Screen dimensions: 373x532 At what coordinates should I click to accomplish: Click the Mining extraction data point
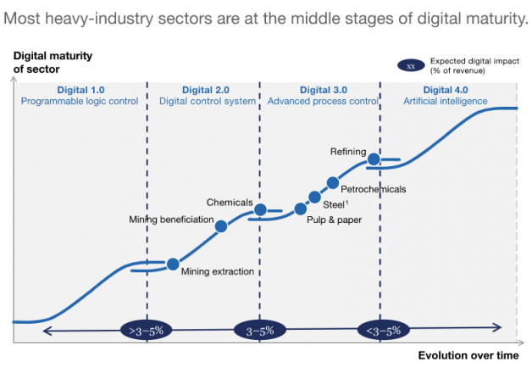click(173, 264)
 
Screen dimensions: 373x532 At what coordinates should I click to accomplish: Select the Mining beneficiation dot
click(221, 226)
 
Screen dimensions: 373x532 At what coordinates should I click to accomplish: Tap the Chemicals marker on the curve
click(261, 209)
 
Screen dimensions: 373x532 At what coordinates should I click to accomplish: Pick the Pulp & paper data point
click(300, 209)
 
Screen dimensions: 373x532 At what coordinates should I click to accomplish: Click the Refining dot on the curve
click(373, 159)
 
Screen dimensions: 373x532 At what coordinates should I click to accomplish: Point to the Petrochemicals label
click(373, 189)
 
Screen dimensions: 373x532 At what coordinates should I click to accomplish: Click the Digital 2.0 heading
click(206, 89)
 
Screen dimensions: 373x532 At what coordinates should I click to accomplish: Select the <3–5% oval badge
click(382, 331)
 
